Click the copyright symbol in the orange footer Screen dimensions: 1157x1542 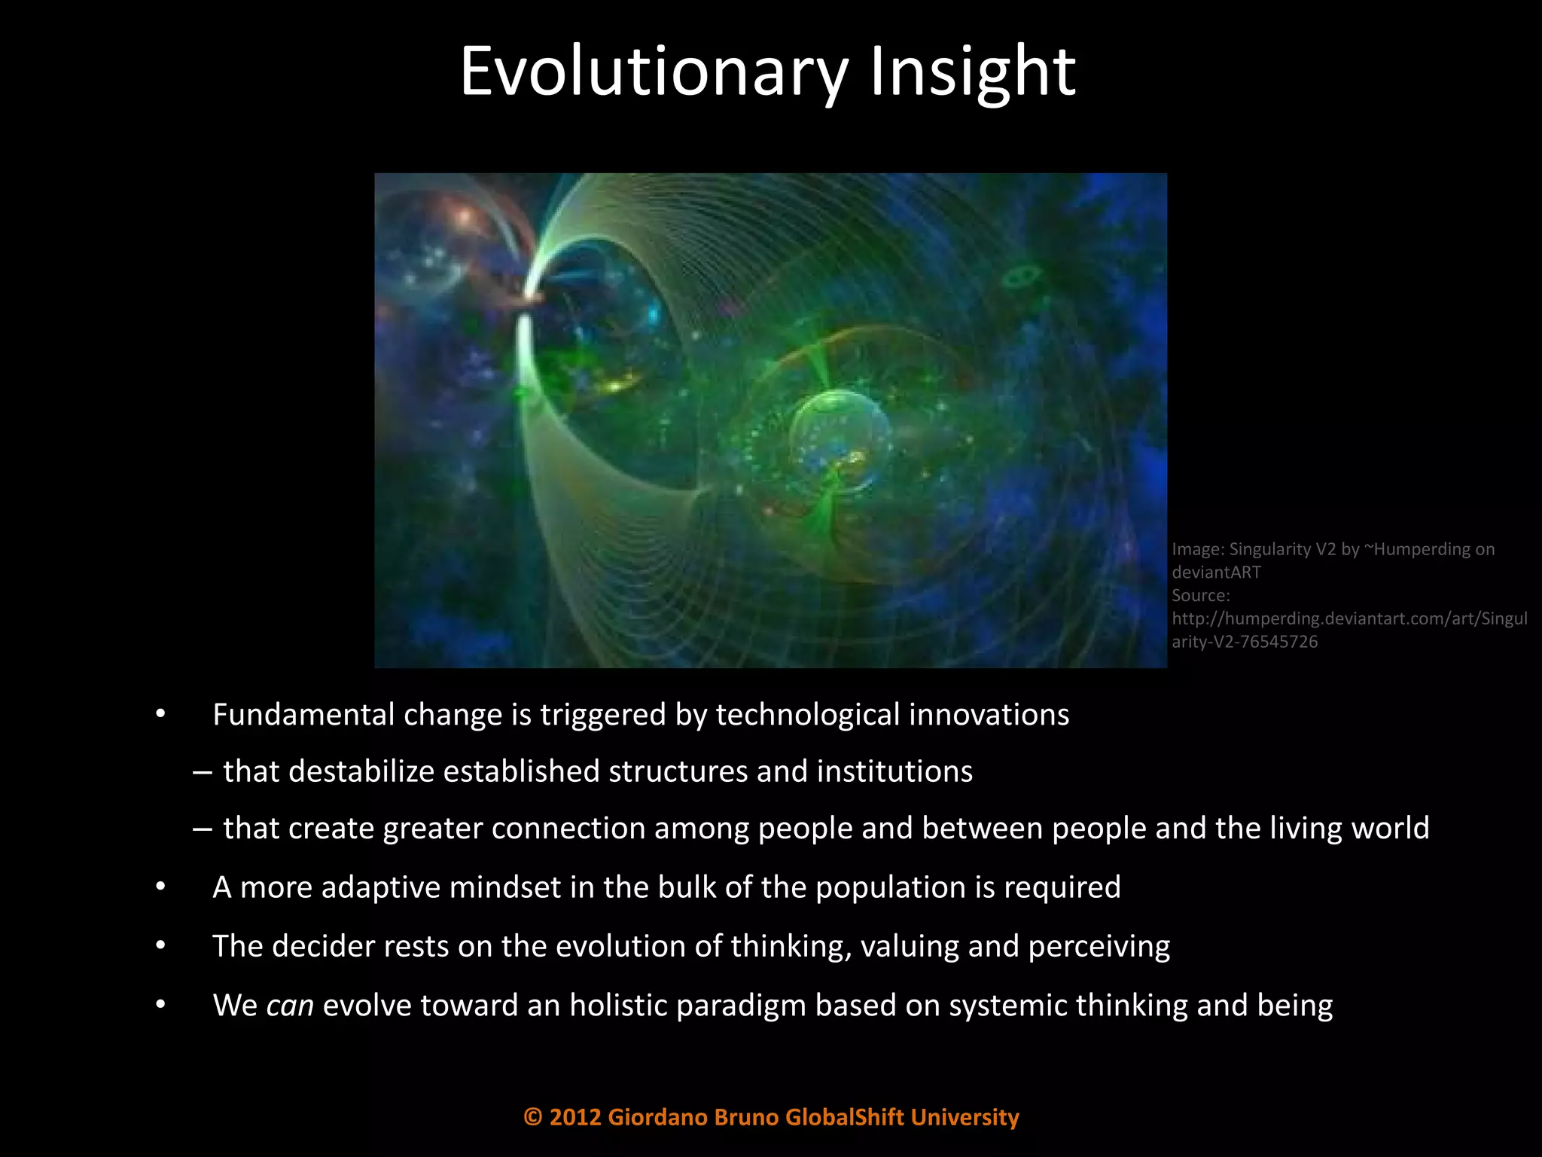click(x=532, y=1117)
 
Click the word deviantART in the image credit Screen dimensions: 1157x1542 click(x=1216, y=572)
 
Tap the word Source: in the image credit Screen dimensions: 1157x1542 click(x=1200, y=596)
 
